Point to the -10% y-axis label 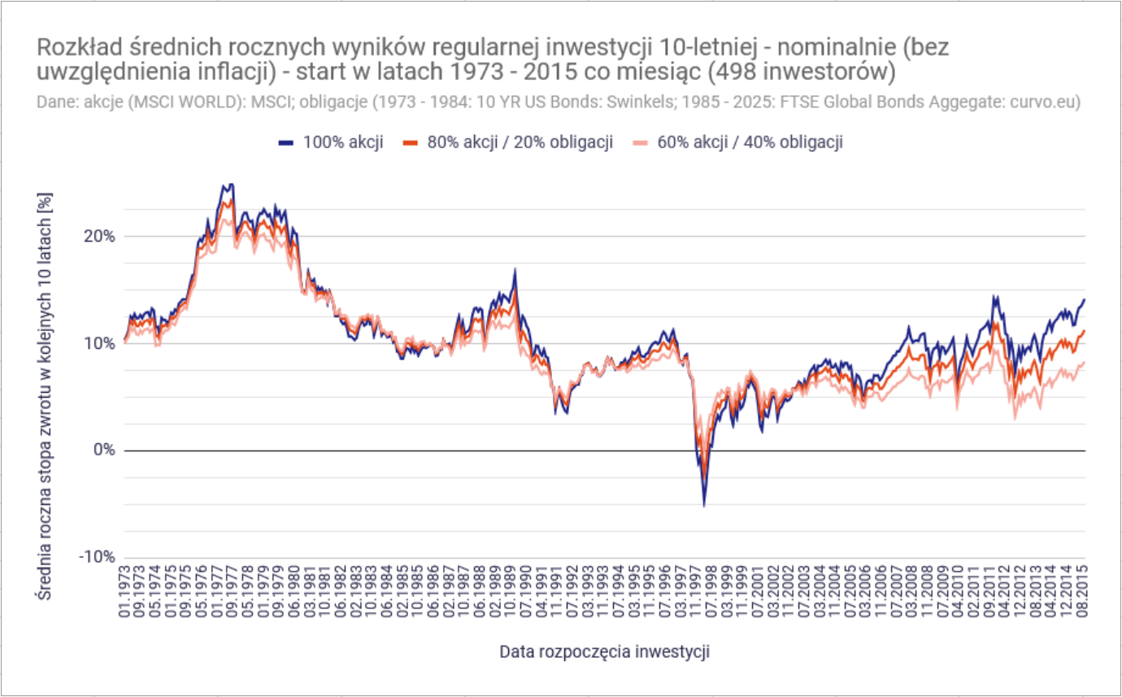pos(96,557)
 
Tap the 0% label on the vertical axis pos(103,451)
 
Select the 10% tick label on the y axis pos(99,343)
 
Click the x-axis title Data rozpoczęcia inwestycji pos(604,651)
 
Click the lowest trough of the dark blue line pos(704,506)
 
